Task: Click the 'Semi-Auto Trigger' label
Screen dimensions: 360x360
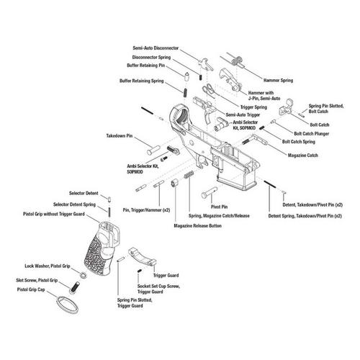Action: tap(244, 114)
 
